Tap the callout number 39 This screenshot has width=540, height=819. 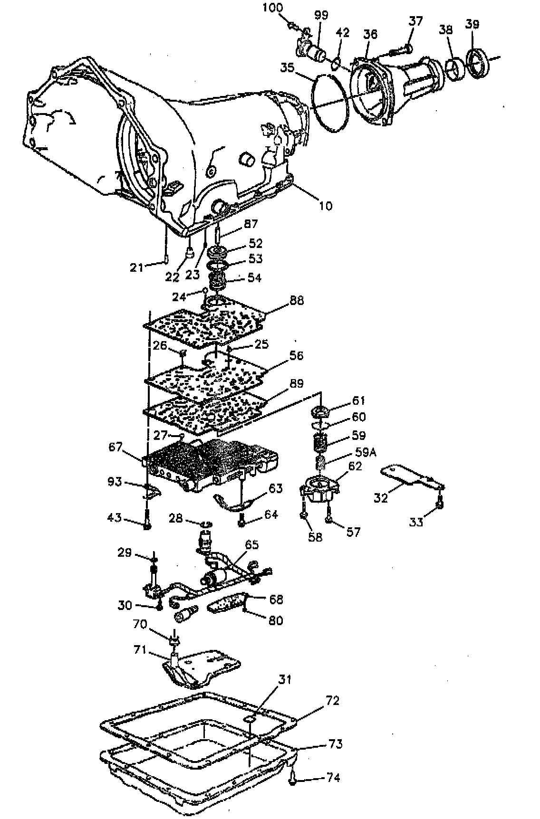(x=472, y=24)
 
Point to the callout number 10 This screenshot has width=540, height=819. (x=326, y=206)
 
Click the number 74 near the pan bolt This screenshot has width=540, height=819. (x=333, y=778)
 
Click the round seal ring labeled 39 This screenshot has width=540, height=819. (x=477, y=62)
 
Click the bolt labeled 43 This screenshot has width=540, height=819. (x=147, y=520)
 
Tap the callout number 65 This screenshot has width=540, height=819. (x=251, y=544)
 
